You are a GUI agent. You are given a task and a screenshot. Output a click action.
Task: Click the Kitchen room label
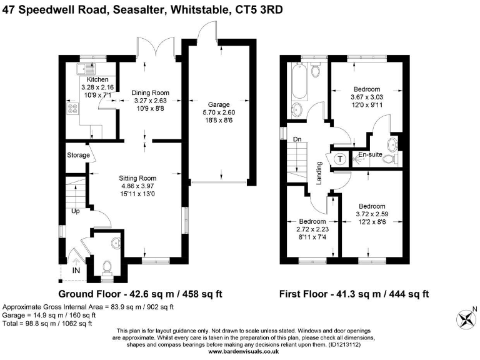pyautogui.click(x=98, y=79)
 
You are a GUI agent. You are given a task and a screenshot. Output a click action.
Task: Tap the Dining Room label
pyautogui.click(x=150, y=92)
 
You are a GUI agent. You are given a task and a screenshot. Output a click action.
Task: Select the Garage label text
pyautogui.click(x=219, y=104)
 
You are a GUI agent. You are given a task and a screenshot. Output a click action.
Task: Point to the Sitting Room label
pyautogui.click(x=137, y=177)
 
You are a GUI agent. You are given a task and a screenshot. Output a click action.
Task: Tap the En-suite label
pyautogui.click(x=369, y=153)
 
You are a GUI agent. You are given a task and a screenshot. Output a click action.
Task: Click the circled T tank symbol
pyautogui.click(x=340, y=159)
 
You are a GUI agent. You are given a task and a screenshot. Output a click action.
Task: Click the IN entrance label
pyautogui.click(x=76, y=271)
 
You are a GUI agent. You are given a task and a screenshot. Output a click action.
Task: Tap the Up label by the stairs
pyautogui.click(x=75, y=211)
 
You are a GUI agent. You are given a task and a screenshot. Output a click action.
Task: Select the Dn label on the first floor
pyautogui.click(x=297, y=139)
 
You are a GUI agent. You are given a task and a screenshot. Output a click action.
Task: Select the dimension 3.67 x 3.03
pyautogui.click(x=371, y=97)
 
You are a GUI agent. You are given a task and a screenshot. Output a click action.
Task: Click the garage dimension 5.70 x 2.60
pyautogui.click(x=219, y=112)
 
